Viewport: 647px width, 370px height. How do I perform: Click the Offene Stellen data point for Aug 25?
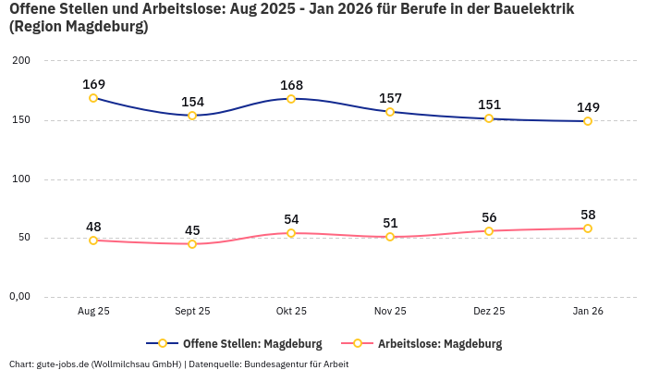pyautogui.click(x=93, y=98)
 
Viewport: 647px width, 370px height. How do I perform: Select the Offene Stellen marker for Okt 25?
pyautogui.click(x=291, y=99)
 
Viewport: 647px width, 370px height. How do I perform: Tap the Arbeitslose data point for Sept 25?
pyautogui.click(x=192, y=244)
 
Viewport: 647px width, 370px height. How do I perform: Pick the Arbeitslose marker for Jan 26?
pyautogui.click(x=588, y=228)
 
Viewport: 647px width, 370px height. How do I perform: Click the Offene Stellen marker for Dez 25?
pyautogui.click(x=489, y=118)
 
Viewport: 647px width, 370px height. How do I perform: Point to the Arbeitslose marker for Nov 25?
pyautogui.click(x=390, y=237)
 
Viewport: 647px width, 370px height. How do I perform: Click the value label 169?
pyautogui.click(x=93, y=84)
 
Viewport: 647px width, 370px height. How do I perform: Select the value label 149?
pyautogui.click(x=588, y=107)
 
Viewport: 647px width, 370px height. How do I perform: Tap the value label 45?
pyautogui.click(x=192, y=230)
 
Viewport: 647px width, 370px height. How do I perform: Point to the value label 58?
pyautogui.click(x=588, y=215)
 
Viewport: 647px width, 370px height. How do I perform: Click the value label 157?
pyautogui.click(x=390, y=98)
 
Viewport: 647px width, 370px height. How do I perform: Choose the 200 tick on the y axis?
pyautogui.click(x=21, y=61)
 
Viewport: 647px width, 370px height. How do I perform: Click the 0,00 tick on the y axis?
pyautogui.click(x=19, y=297)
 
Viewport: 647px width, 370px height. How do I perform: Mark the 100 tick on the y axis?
pyautogui.click(x=21, y=179)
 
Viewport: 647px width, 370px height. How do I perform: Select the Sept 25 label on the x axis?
pyautogui.click(x=192, y=312)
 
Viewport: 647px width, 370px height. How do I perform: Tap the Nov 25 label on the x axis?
pyautogui.click(x=390, y=312)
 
